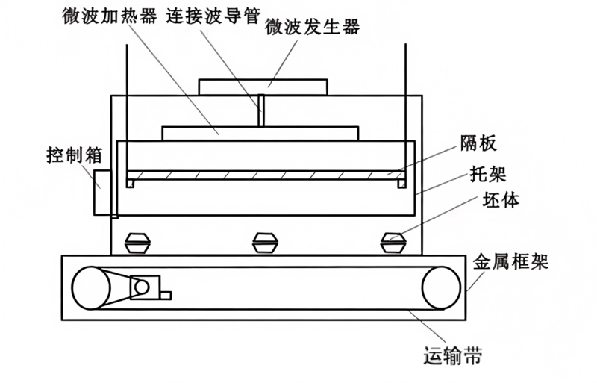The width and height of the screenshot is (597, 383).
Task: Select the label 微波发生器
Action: [x=313, y=28]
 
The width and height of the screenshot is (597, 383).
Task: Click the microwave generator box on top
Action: [x=263, y=86]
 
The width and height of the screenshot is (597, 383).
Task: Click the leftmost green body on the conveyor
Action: [x=138, y=243]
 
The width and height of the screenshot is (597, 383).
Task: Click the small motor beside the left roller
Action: [x=142, y=287]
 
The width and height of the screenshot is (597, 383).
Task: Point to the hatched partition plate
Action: [x=266, y=175]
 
